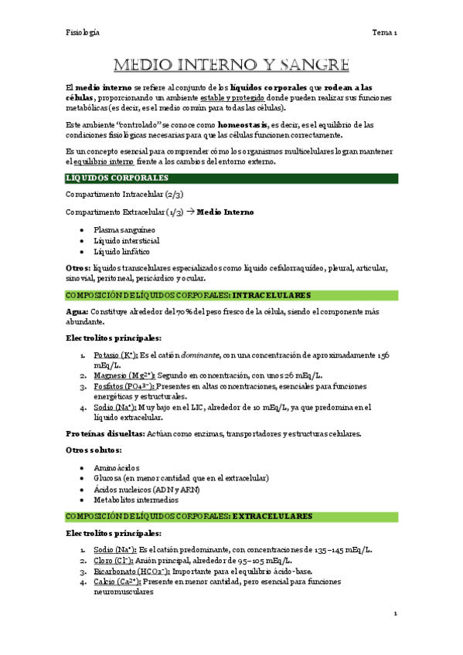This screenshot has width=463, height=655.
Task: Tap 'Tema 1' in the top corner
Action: [384, 32]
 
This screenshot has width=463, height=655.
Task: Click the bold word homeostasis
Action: [243, 124]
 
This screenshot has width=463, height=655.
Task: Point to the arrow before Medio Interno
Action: [190, 212]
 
